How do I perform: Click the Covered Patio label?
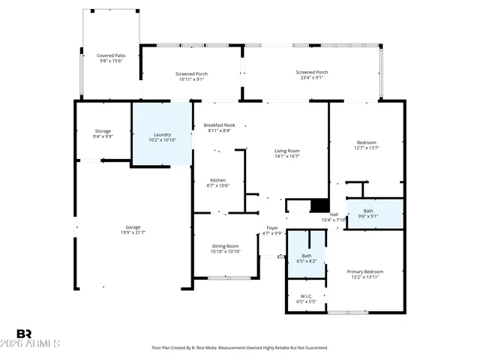[110, 58]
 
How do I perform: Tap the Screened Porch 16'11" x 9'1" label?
[192, 76]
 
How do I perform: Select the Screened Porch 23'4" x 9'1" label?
[311, 74]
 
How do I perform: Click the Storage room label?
[103, 133]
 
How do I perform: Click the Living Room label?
[287, 153]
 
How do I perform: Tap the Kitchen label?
[218, 182]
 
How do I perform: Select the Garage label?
[133, 229]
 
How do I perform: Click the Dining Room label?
[225, 248]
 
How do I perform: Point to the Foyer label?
[272, 230]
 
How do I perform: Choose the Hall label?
[334, 217]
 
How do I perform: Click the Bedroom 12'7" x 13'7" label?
[367, 145]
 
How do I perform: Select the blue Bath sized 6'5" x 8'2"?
[307, 258]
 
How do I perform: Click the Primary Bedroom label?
[364, 274]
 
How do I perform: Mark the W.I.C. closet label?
[306, 298]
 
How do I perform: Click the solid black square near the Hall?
[319, 206]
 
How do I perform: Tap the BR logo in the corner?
[24, 334]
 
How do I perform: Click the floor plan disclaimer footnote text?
[240, 348]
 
